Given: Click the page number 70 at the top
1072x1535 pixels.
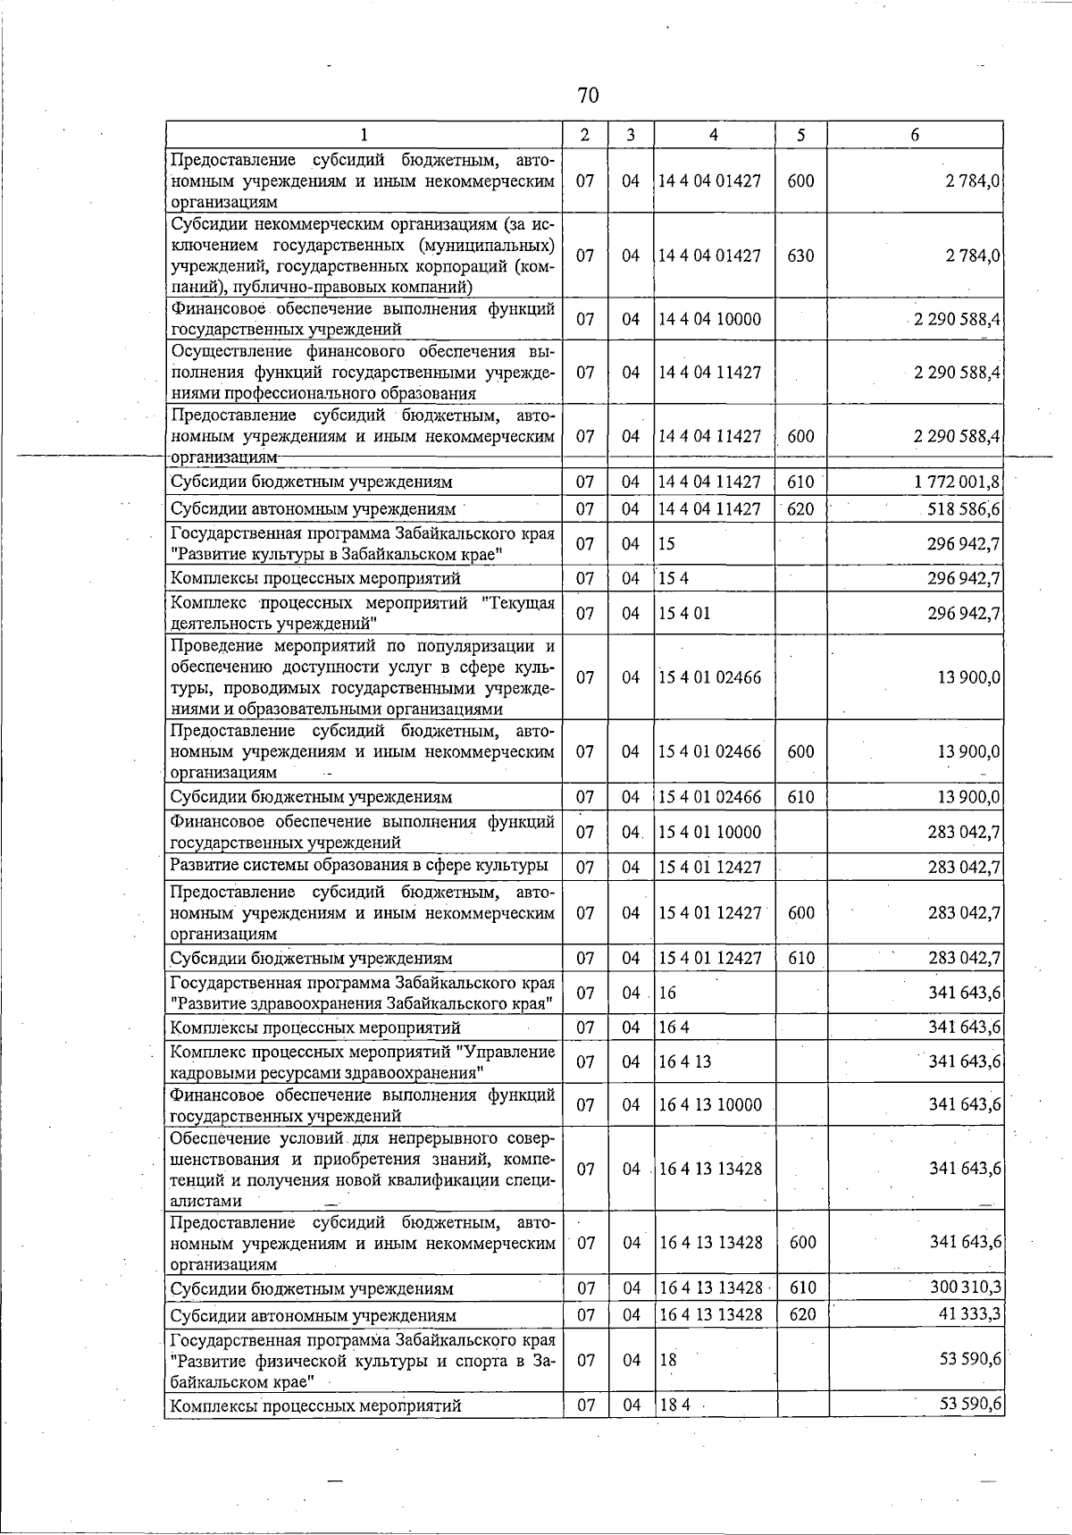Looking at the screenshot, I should [588, 96].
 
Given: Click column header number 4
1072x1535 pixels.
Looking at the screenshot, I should [713, 135].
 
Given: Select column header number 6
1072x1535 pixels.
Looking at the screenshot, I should [915, 135].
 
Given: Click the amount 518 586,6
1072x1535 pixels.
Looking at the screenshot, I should [963, 509].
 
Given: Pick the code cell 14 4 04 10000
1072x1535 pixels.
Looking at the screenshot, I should [709, 319].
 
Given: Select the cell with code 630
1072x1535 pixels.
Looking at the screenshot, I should [801, 256].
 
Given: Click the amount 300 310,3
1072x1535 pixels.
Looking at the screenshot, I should [964, 1288].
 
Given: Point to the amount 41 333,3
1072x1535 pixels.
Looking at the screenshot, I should [967, 1315].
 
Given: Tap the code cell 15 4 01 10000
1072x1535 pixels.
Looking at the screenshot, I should [709, 832].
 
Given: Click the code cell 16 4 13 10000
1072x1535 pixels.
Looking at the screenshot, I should [710, 1104].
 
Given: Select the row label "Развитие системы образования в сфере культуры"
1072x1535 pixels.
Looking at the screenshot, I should [359, 865].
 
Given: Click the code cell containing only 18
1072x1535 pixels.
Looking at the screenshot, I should [667, 1360].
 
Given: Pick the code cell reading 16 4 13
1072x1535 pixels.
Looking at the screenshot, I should [685, 1061].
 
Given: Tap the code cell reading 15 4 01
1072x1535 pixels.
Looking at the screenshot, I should [685, 613].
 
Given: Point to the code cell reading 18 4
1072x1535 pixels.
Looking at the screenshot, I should [675, 1405].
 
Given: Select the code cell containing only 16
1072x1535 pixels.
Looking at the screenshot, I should [667, 993].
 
